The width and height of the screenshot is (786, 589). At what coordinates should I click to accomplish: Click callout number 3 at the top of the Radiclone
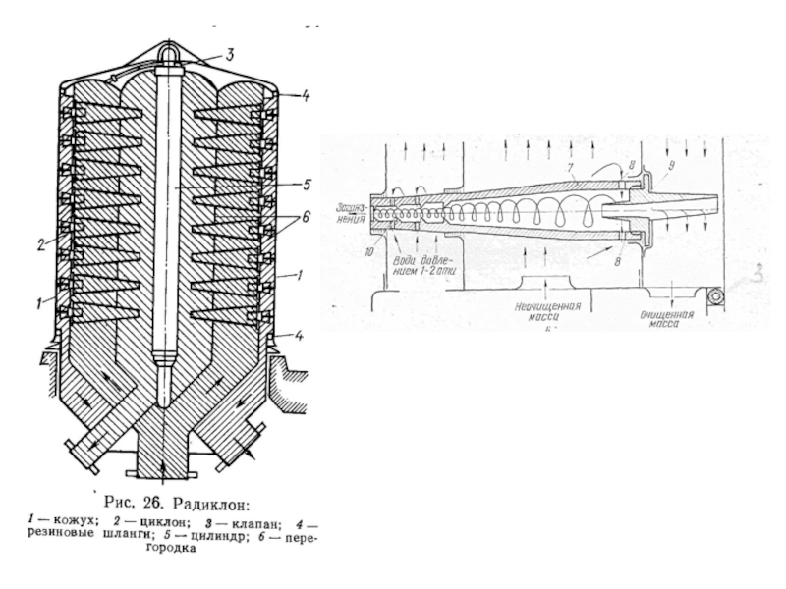[x=228, y=55]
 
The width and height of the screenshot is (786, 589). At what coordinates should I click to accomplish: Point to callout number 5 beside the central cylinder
[x=307, y=184]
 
